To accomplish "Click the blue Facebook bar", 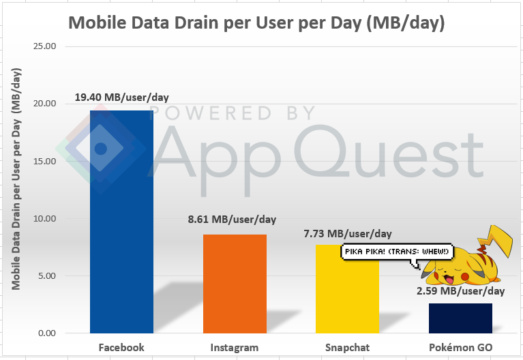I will coord(121,222).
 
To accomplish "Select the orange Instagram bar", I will coord(235,284).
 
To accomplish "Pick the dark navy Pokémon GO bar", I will coord(460,318).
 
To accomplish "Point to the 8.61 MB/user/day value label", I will coord(232,220).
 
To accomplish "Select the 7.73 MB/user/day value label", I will coord(348,234).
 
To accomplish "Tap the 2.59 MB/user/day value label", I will coord(461,291).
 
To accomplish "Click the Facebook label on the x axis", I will coord(121,347).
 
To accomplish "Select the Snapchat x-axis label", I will coord(348,347).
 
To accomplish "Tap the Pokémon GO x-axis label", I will coord(460,347).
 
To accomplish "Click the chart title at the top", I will coord(256,22).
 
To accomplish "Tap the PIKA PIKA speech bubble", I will coord(398,252).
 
